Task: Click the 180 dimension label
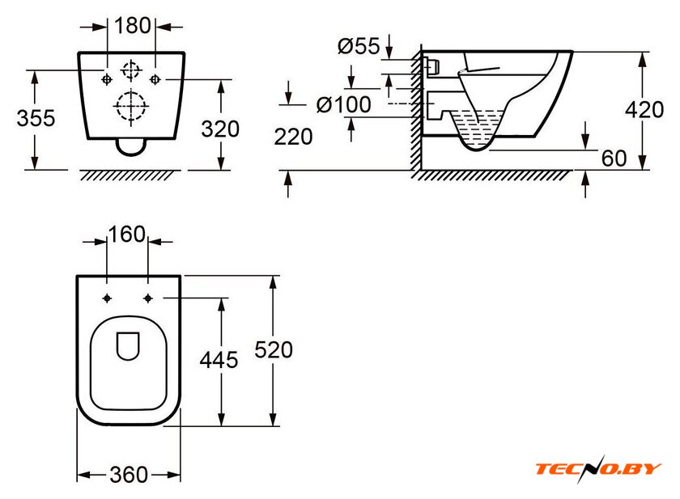[x=134, y=25]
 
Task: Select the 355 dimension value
[x=36, y=118]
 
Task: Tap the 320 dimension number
[x=219, y=128]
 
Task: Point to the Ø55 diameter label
[x=358, y=47]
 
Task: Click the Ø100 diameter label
[x=343, y=104]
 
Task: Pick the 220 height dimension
[x=293, y=137]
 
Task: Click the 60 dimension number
[x=614, y=159]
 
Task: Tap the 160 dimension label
[x=126, y=235]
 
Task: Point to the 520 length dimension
[x=273, y=349]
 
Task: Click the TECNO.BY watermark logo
[x=598, y=468]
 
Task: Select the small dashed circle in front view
[x=130, y=70]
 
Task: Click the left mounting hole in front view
[x=107, y=78]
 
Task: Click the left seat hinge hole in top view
[x=108, y=297]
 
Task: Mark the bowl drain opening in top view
[x=128, y=346]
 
